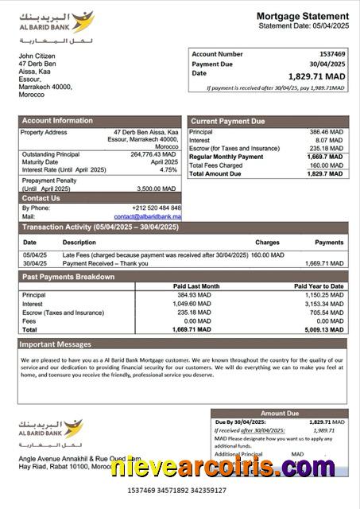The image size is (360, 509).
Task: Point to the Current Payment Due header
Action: [x=227, y=121]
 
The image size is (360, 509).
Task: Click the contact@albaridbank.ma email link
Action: [x=147, y=216]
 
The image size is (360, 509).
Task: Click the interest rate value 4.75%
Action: [x=168, y=169]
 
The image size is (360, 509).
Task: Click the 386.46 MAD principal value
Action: [x=326, y=131]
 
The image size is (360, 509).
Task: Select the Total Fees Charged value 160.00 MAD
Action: [x=326, y=165]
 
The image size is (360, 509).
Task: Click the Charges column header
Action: [x=267, y=242]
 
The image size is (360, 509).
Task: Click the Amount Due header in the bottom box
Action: [x=280, y=414]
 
